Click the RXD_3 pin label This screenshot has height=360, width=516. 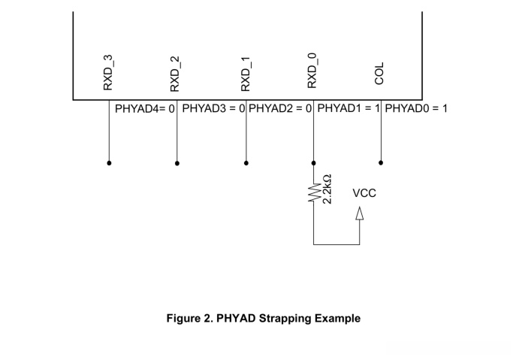[x=108, y=72]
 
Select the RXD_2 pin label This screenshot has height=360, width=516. [x=175, y=74]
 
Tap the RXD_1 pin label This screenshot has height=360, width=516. [x=246, y=74]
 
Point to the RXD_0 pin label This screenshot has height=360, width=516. [x=312, y=71]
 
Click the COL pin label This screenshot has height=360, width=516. [x=379, y=74]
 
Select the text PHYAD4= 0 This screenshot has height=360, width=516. [x=145, y=109]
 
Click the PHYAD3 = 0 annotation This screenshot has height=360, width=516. [x=213, y=108]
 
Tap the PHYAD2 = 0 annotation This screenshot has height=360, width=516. [x=280, y=108]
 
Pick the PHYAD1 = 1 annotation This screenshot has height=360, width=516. [x=349, y=108]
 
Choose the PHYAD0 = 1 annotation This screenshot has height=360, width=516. [x=416, y=108]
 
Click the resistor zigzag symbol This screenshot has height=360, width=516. [x=314, y=192]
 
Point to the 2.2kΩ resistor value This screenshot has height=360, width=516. [x=327, y=189]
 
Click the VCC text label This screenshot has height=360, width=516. [x=364, y=193]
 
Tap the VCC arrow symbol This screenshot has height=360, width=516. [x=360, y=213]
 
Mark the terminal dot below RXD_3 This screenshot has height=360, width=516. [x=109, y=163]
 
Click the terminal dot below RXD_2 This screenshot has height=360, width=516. [x=177, y=163]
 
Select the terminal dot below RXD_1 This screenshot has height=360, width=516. [x=246, y=163]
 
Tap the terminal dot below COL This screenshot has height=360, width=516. [x=381, y=162]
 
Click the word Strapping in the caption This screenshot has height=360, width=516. [x=285, y=319]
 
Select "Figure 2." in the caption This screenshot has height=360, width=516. [x=190, y=319]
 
